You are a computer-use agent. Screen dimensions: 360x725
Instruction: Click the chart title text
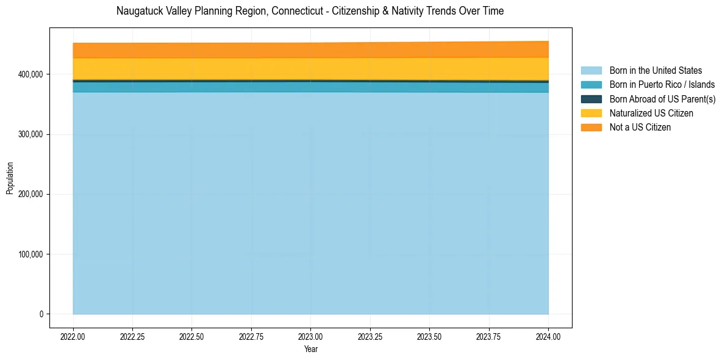coord(310,11)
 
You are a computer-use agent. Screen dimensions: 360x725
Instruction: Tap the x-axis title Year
coord(310,350)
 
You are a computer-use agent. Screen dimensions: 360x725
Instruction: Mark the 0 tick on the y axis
coord(41,314)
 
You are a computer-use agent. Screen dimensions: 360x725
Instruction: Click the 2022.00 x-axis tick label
coord(73,336)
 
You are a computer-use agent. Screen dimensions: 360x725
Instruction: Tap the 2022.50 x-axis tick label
coord(191,336)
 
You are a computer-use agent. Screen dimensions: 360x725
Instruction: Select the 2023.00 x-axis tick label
coord(310,336)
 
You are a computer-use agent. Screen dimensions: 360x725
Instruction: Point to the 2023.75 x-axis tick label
coord(489,336)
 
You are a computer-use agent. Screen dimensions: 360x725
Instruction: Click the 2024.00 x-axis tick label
coord(548,336)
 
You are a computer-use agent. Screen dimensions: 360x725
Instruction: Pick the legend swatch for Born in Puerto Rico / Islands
coord(591,85)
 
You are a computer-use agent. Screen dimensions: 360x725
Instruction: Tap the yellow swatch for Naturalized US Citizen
coord(591,113)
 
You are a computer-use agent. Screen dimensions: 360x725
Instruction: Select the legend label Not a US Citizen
coord(640,127)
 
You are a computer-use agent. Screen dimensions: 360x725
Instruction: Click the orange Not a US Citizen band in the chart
coord(310,51)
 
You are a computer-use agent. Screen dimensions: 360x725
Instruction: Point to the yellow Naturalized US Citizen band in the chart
coord(310,68)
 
